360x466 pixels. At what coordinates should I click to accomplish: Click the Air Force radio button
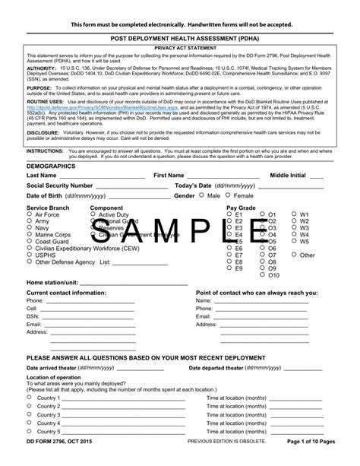[x=30, y=215]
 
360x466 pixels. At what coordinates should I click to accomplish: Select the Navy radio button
[x=30, y=227]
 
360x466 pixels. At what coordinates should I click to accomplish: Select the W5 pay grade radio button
[x=294, y=241]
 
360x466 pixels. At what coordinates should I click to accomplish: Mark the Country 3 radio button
[x=30, y=415]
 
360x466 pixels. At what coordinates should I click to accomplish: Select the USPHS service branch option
[x=30, y=255]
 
